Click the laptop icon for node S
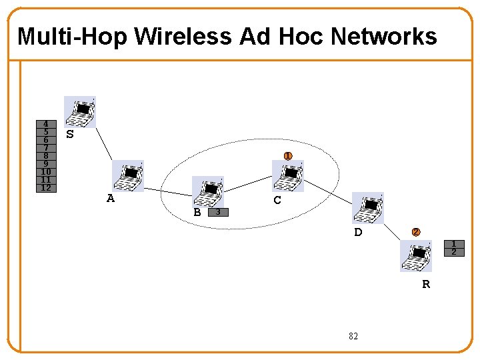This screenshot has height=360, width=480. [80, 111]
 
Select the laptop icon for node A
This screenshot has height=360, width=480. [128, 176]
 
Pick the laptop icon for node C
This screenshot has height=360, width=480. [288, 176]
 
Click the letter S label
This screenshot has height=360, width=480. [70, 134]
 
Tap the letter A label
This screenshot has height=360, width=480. [111, 198]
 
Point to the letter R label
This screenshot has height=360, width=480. [426, 284]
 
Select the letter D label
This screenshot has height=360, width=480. [358, 232]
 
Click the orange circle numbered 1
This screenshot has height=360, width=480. [287, 156]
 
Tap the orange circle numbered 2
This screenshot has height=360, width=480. [415, 232]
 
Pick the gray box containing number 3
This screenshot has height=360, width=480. [217, 212]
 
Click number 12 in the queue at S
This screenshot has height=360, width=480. [45, 188]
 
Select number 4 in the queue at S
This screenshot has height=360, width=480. [45, 124]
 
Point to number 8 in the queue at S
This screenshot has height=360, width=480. [45, 156]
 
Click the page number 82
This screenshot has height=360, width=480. [353, 336]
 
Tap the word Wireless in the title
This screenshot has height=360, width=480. [183, 36]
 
